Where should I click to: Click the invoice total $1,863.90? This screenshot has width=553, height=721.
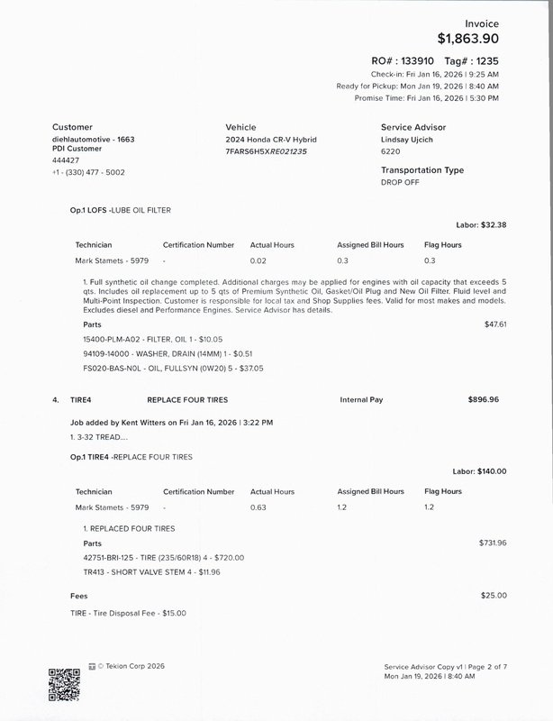click(467, 39)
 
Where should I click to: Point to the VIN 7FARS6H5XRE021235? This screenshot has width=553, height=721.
click(266, 151)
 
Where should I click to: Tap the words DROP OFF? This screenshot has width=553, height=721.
click(400, 182)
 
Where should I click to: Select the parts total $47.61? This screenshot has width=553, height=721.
click(495, 324)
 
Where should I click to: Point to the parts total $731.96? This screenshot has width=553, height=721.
click(493, 543)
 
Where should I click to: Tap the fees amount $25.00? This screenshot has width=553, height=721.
click(494, 595)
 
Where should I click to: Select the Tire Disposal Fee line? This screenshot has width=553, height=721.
click(129, 614)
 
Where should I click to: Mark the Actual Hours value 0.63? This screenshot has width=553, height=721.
click(258, 507)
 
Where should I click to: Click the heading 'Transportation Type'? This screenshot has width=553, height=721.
click(422, 169)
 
